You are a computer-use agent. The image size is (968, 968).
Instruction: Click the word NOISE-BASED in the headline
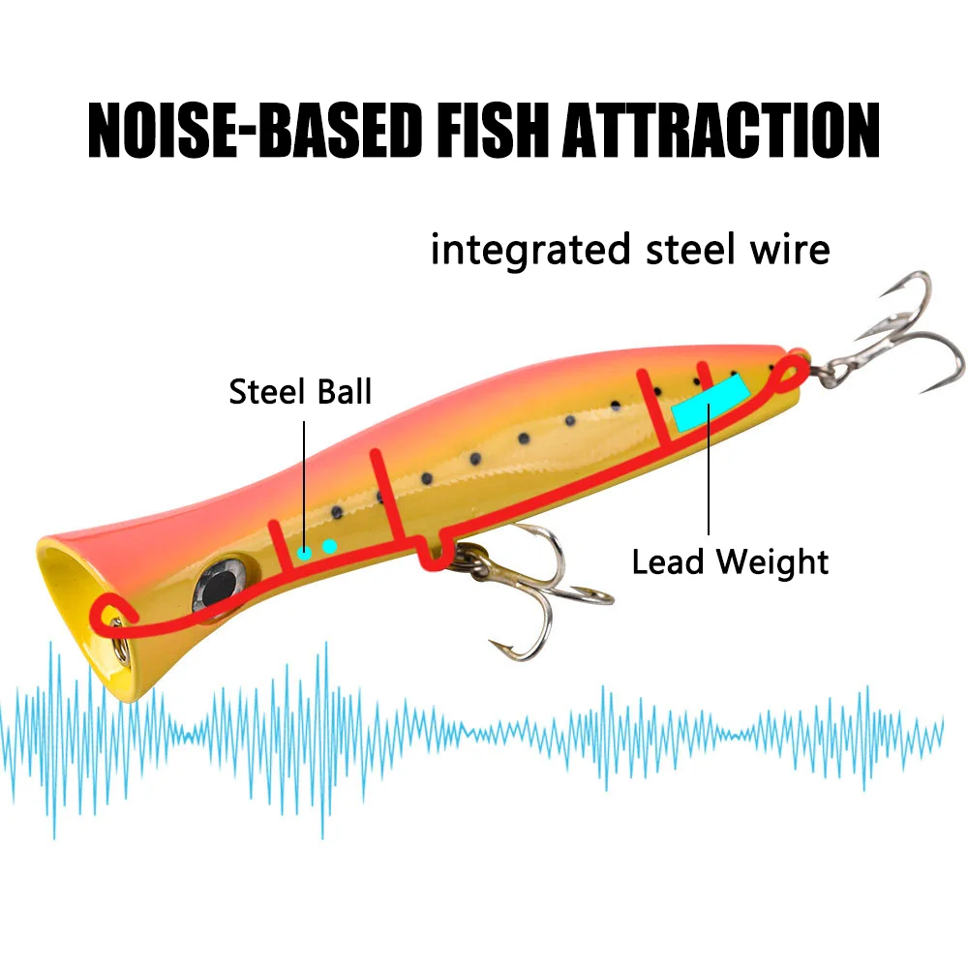pos(255,131)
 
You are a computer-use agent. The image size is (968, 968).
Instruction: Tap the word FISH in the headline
pos(493,131)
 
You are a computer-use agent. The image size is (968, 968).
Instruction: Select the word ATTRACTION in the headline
pos(721,131)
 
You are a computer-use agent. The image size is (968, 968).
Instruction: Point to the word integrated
pos(530,251)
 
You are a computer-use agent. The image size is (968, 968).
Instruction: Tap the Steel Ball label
pos(300,391)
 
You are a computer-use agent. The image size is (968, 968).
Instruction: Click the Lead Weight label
pos(730,561)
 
